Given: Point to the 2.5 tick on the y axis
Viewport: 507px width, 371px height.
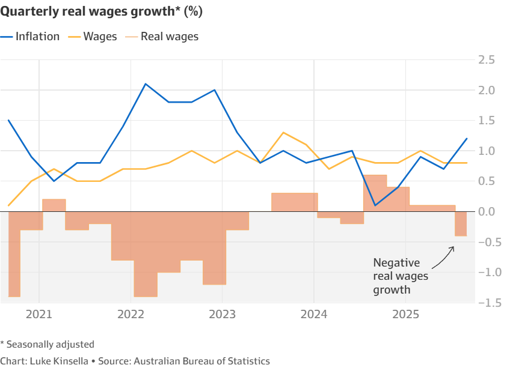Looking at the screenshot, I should point(487,60).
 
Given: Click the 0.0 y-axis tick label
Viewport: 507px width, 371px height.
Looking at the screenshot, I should point(487,211).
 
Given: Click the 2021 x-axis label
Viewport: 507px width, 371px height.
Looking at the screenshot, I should point(39,315).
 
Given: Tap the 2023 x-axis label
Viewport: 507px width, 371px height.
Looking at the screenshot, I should point(223,315).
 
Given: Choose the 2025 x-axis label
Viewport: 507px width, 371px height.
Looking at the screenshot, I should point(406,315).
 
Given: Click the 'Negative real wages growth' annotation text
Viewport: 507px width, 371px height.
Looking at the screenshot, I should point(397,276).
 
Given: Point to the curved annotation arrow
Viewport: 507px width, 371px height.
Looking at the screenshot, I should point(444,256).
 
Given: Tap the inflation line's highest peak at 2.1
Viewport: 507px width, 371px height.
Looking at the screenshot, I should point(146,84).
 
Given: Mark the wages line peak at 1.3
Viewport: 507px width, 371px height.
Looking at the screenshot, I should point(283,133).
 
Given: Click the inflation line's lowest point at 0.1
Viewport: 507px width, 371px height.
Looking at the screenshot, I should point(375,205).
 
